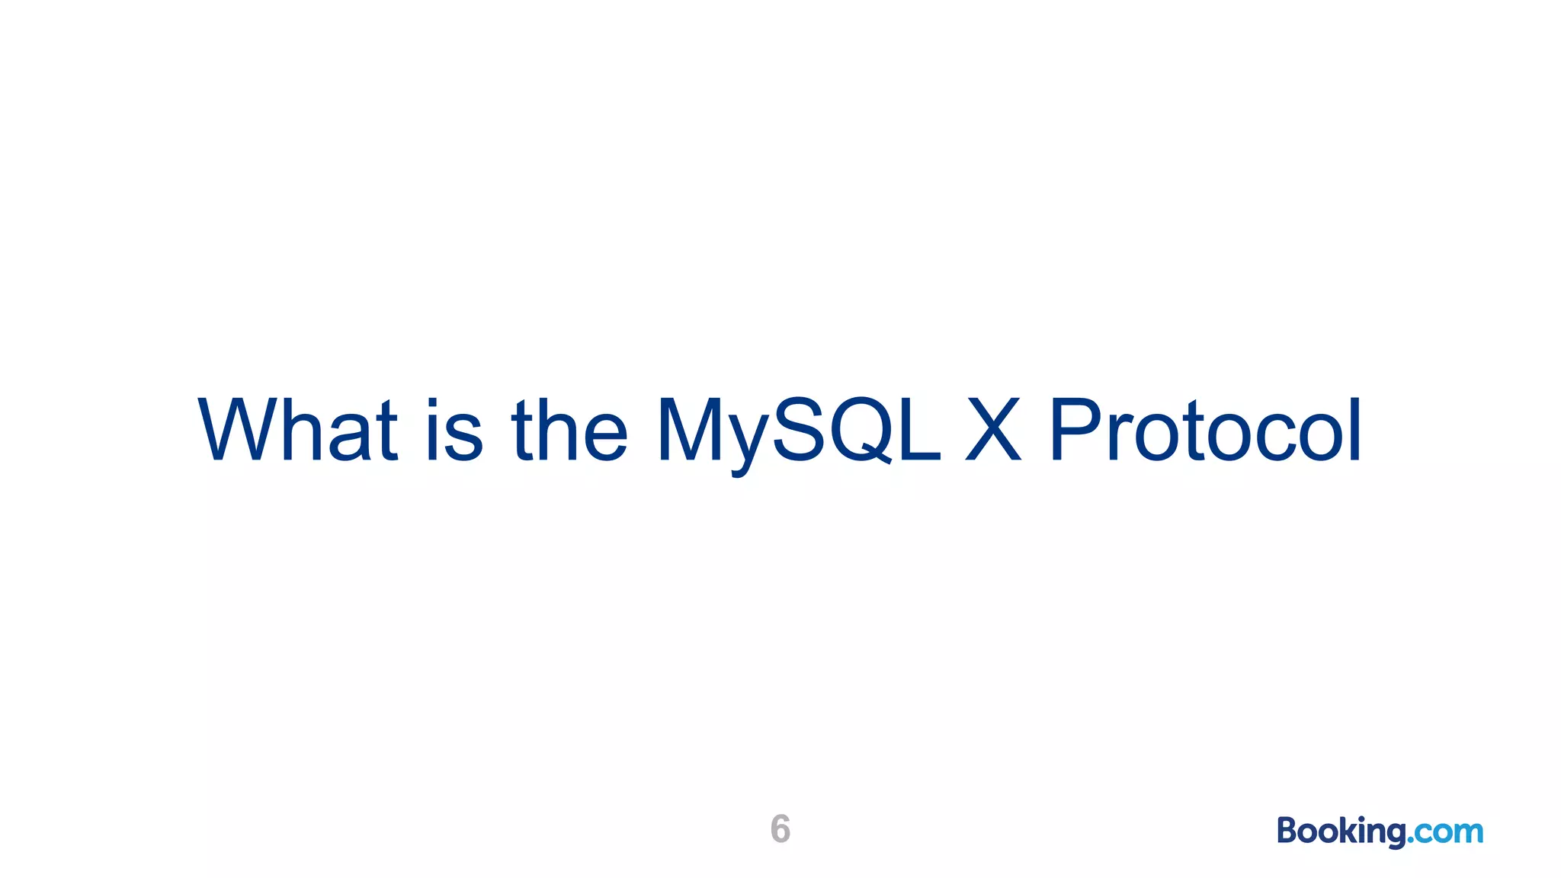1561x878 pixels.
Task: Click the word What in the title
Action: (x=297, y=431)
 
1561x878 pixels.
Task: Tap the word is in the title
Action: (x=454, y=431)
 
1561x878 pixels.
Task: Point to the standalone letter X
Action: (x=992, y=431)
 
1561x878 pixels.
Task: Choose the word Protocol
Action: (x=1205, y=431)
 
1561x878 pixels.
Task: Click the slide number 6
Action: (x=780, y=828)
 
